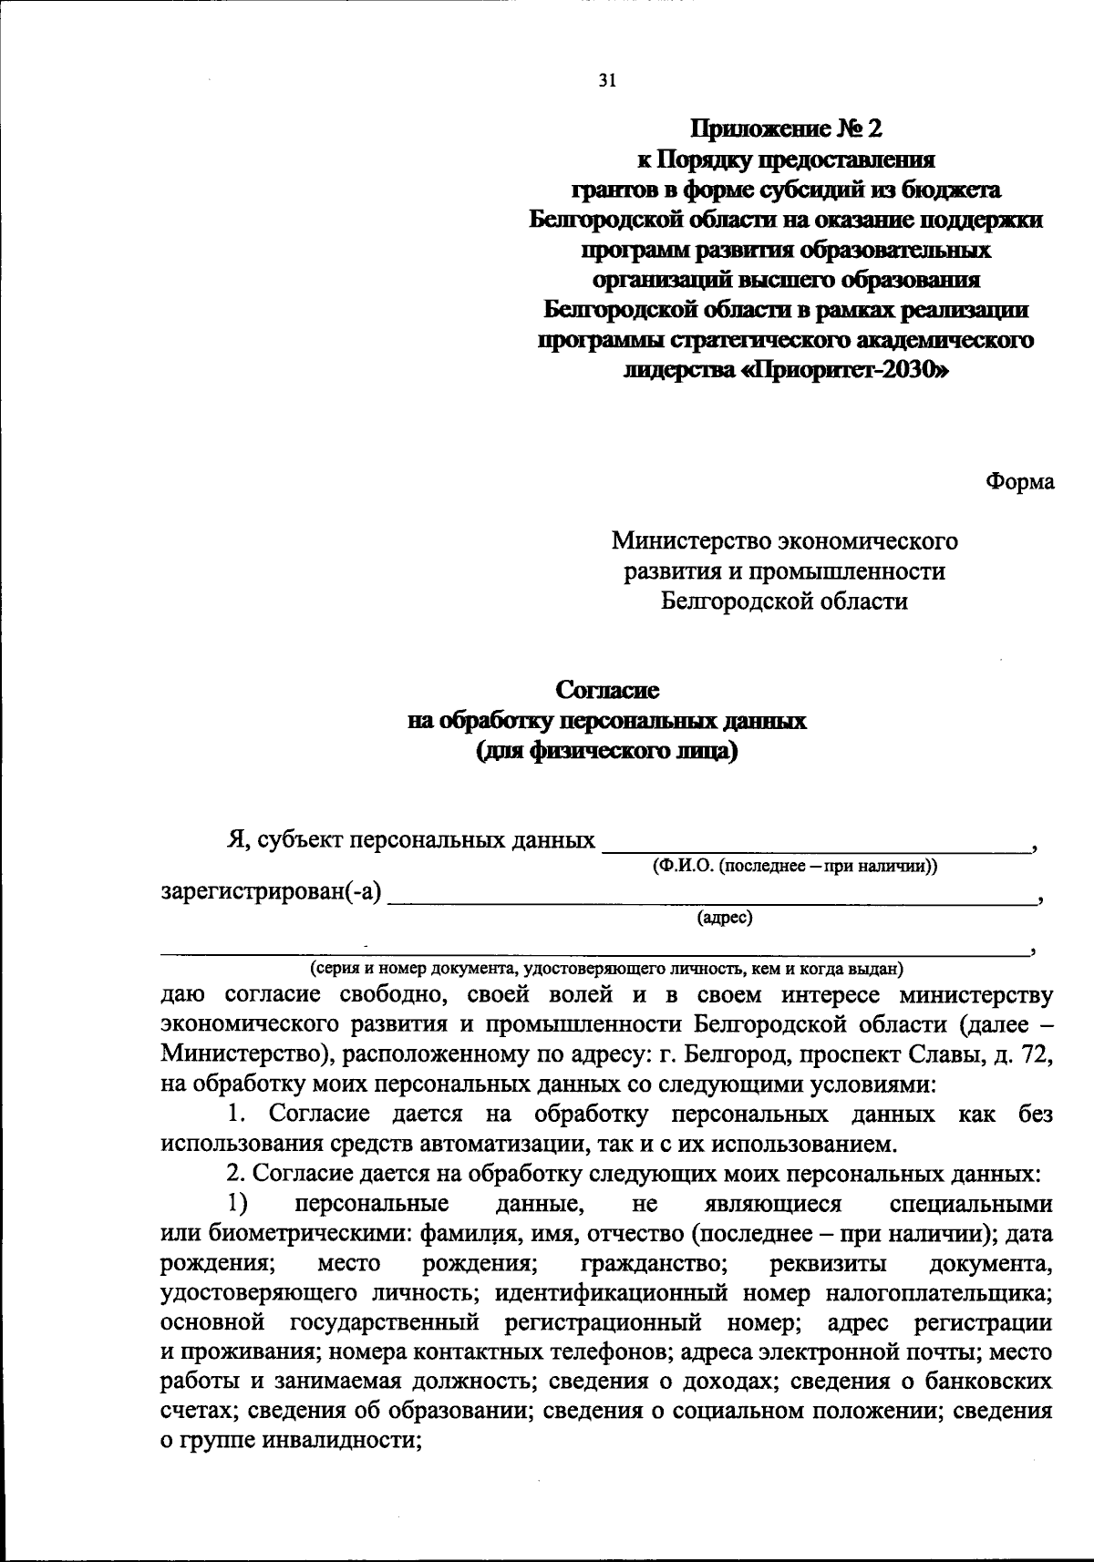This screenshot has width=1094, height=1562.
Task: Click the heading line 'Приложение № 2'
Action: (x=786, y=128)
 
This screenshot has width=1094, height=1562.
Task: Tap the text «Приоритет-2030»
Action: (x=847, y=371)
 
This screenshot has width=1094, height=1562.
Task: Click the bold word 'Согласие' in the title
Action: (x=607, y=691)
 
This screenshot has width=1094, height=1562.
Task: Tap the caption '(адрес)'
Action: (x=725, y=919)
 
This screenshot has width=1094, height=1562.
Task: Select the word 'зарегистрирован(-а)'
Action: (x=271, y=891)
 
